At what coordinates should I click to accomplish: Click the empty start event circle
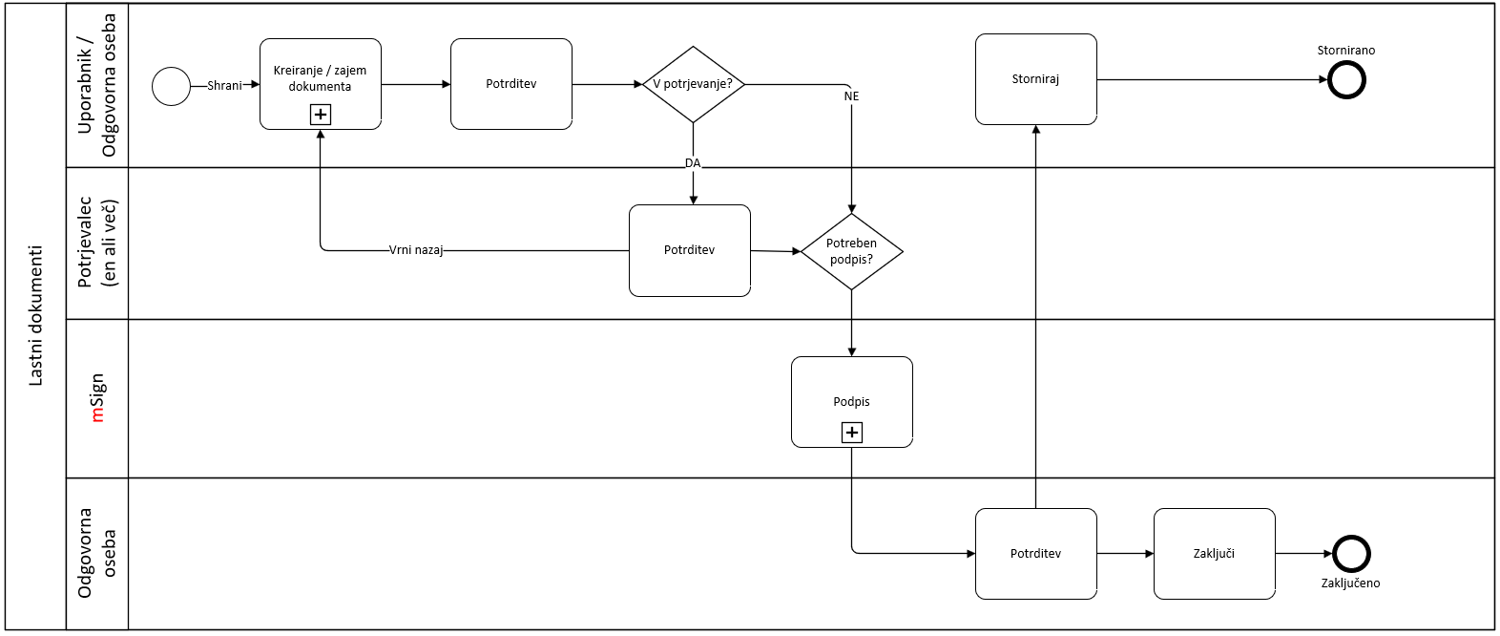tap(172, 86)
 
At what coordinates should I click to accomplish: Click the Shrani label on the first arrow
tap(224, 85)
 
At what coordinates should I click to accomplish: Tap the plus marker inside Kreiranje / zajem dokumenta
tap(321, 115)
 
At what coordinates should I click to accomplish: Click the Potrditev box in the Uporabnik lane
tap(510, 84)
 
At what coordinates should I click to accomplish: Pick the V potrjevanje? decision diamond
tap(693, 84)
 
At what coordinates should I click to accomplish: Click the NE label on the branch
tap(851, 96)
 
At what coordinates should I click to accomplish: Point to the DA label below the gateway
tap(693, 163)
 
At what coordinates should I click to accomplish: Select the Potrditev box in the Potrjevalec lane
tap(689, 250)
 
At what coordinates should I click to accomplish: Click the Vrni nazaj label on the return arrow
tap(416, 250)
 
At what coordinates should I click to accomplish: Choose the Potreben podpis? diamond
tap(851, 251)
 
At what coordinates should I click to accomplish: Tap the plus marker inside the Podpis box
tap(851, 433)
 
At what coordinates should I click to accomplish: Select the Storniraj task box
tap(1035, 79)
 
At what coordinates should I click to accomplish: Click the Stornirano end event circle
tap(1346, 80)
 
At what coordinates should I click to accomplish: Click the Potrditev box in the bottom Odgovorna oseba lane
tap(1035, 554)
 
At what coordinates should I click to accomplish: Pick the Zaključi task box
tap(1214, 554)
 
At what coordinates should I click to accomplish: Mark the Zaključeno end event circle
tap(1350, 554)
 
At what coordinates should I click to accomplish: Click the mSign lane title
tap(96, 398)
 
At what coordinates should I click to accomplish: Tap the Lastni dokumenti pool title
tap(36, 316)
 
